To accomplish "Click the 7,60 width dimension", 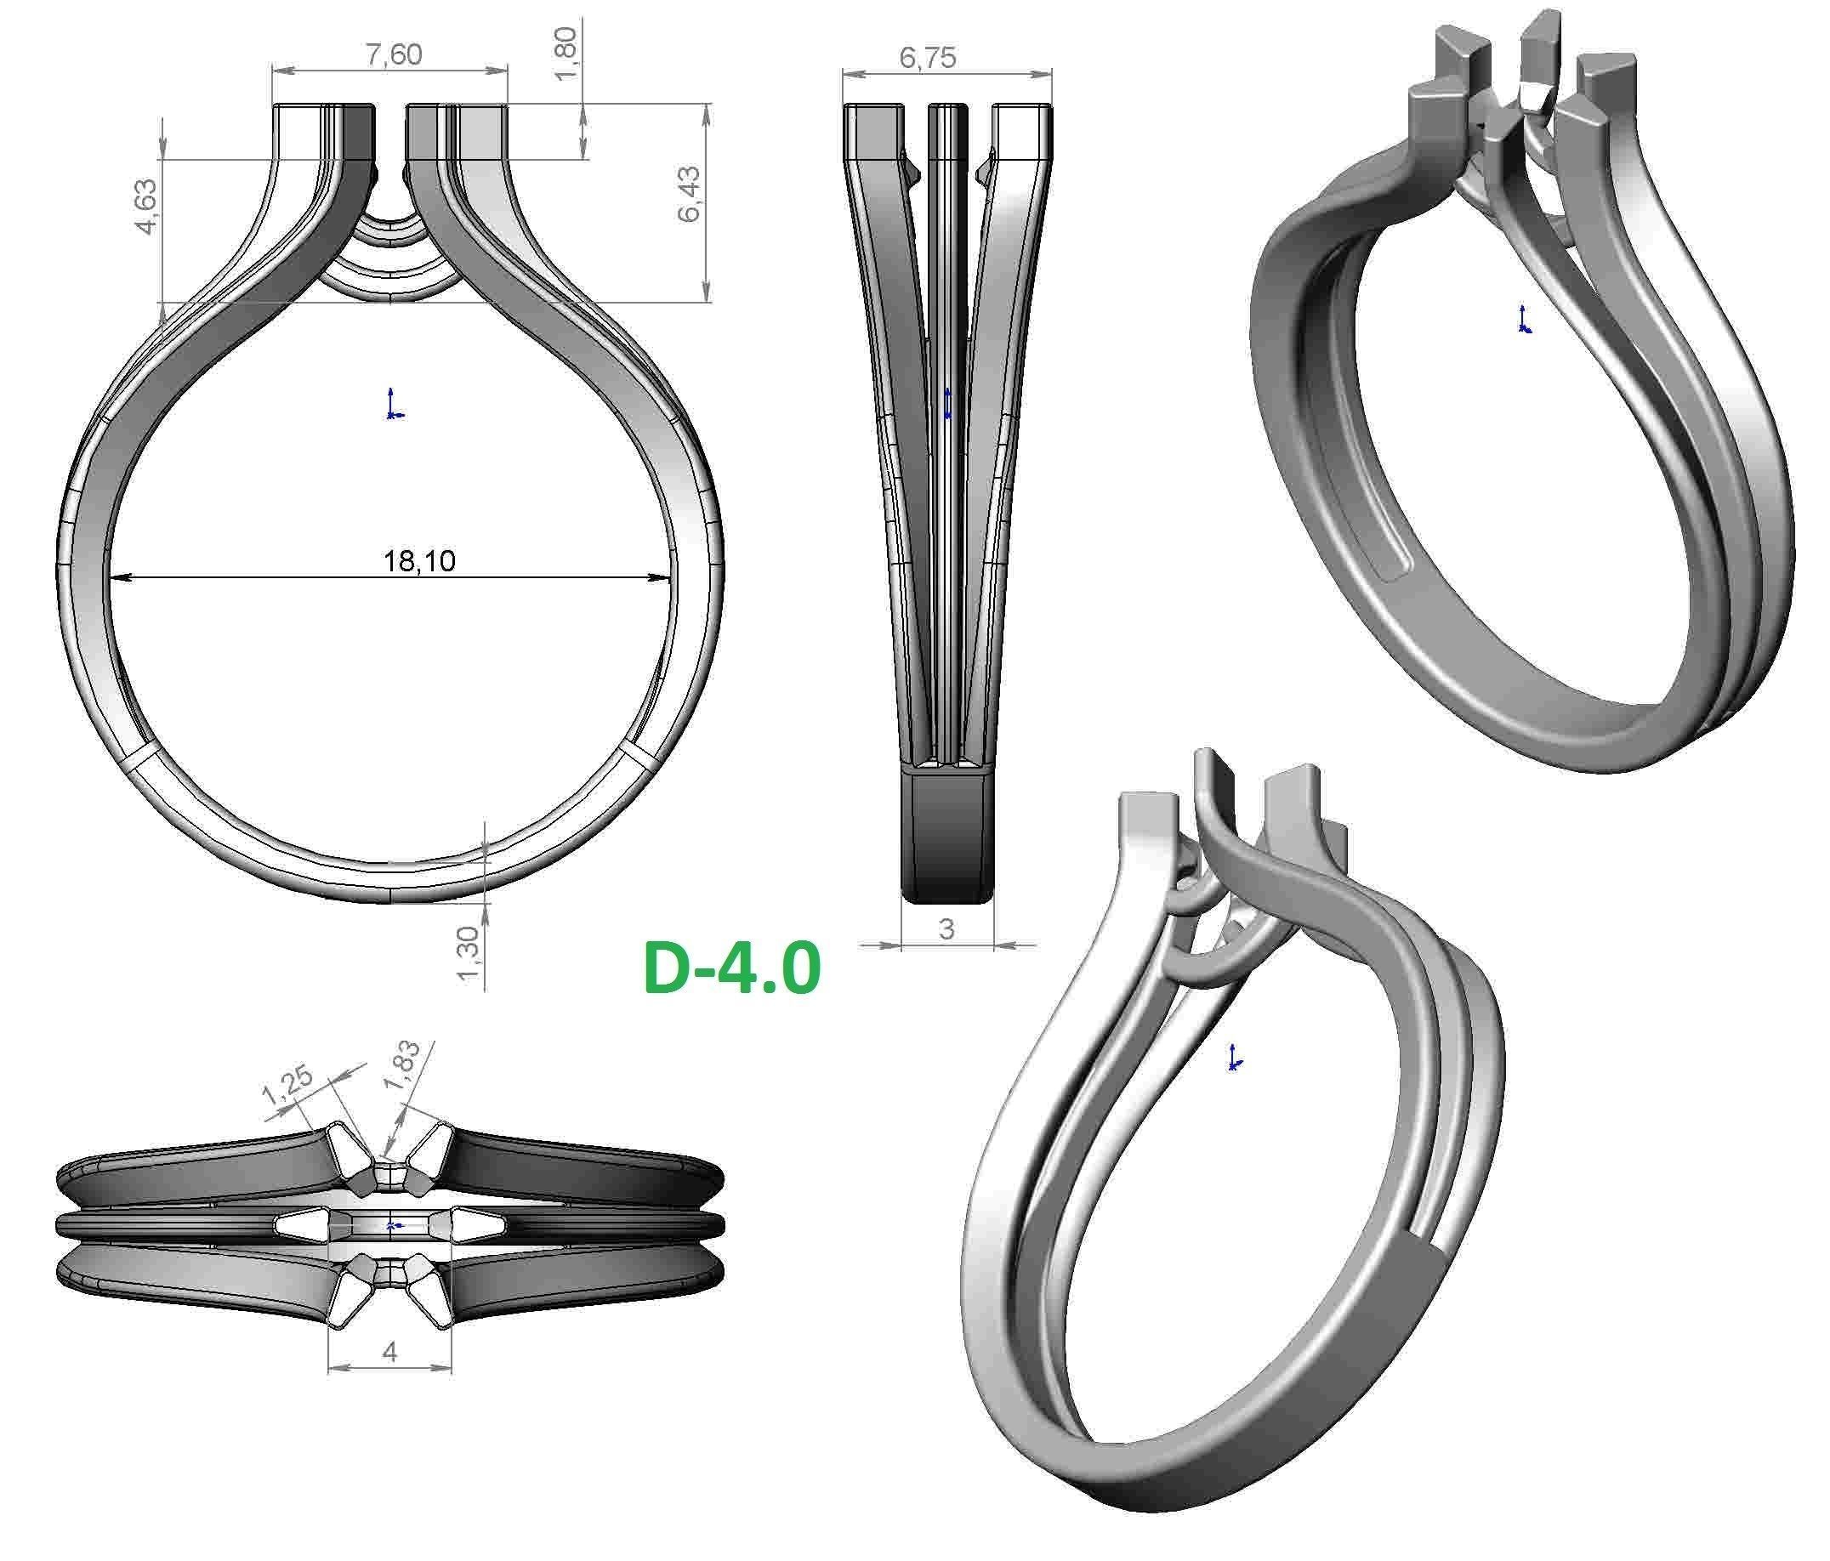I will coord(394,54).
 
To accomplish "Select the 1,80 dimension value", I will coord(565,53).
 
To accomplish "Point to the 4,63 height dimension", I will coord(145,207).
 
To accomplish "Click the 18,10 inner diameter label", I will coord(419,560).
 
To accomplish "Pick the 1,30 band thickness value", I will coord(469,952).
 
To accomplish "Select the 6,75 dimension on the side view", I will coord(928,58).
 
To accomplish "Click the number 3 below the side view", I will coord(946,928).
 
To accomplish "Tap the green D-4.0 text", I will coord(732,968).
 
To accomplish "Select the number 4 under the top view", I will coord(389,1352).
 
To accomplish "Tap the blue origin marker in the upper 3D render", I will coord(1524,320).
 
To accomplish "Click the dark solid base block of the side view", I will coord(946,834).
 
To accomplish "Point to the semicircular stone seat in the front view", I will coord(391,256).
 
